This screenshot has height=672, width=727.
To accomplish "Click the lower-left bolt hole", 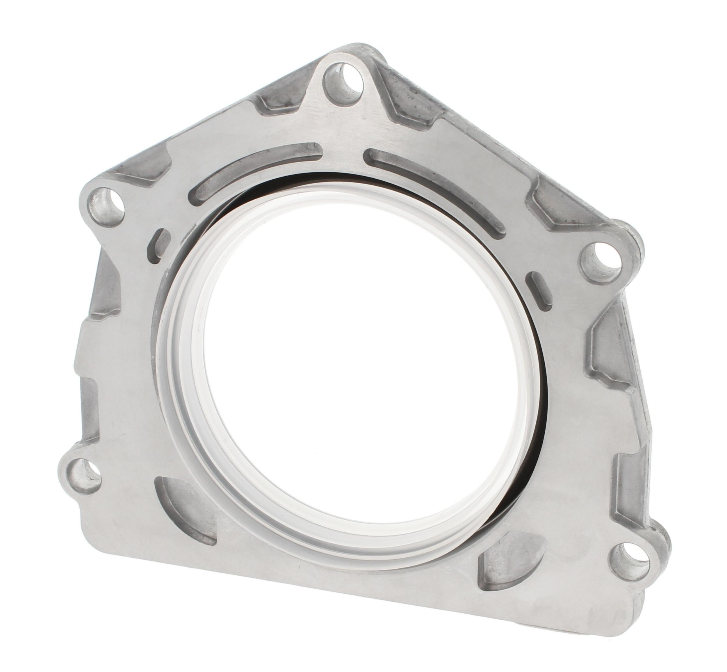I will (86, 472).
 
